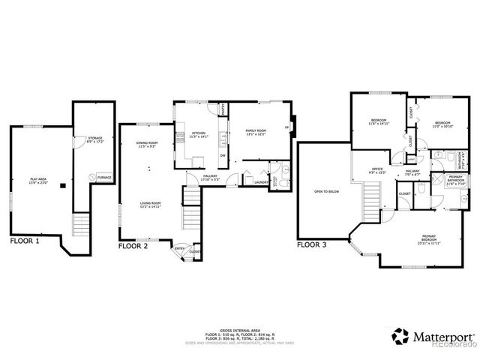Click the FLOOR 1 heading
click(25, 241)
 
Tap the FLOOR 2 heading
click(134, 244)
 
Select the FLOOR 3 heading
click(313, 244)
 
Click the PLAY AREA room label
click(37, 180)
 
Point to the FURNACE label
click(104, 177)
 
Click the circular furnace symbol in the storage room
click(91, 177)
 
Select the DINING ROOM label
click(147, 143)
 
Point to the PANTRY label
click(223, 110)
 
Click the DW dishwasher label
click(223, 155)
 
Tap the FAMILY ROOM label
click(256, 130)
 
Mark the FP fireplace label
click(286, 127)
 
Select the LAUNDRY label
click(261, 181)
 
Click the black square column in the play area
click(62, 184)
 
